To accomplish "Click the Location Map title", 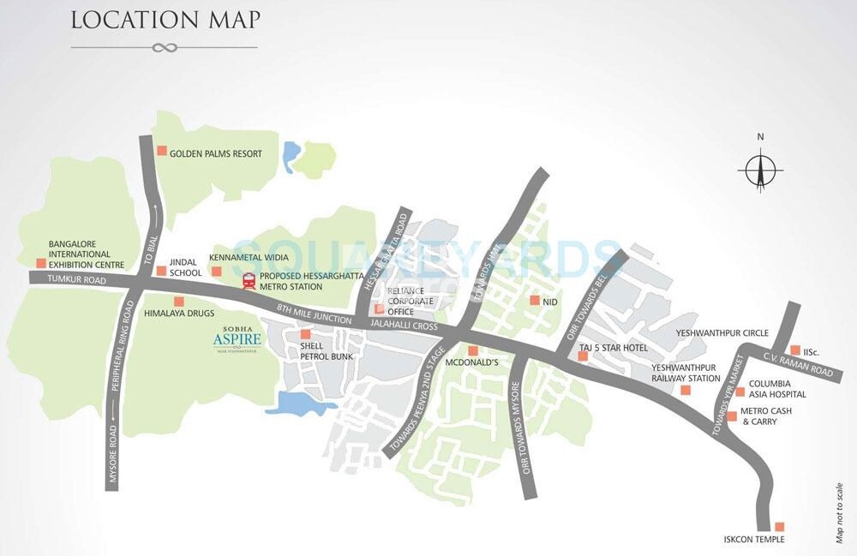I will [165, 19].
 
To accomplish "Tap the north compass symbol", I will [759, 166].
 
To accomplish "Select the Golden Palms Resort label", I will [215, 153].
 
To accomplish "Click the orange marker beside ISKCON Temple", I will [779, 527].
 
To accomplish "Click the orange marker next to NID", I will [534, 301].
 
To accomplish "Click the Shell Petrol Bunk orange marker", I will [304, 333].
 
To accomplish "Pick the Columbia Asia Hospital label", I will [776, 389].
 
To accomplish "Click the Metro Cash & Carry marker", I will [732, 416].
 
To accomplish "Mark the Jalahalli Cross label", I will [404, 326].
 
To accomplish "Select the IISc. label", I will [813, 350].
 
